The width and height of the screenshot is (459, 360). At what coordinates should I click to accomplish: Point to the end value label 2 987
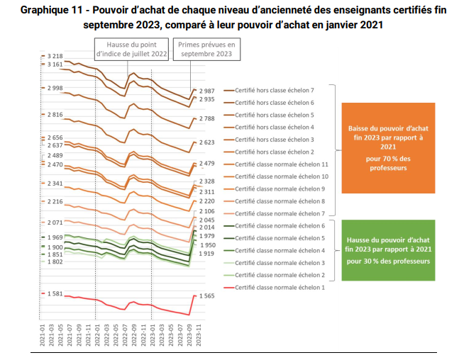[207, 91]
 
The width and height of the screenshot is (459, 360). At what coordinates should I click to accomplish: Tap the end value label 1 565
[208, 296]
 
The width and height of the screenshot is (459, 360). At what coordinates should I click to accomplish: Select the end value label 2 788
[207, 119]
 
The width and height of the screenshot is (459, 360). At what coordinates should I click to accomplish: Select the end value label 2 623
[207, 142]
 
